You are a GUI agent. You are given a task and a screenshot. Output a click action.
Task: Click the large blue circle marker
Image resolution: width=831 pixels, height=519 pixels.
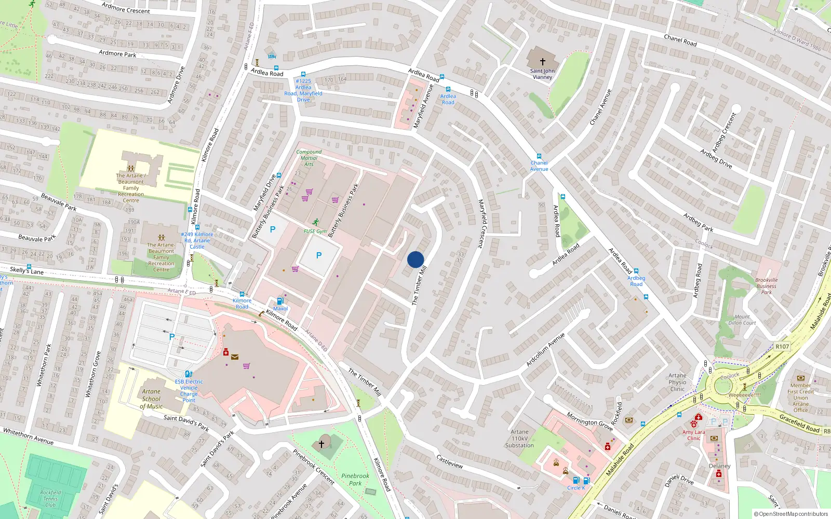[x=415, y=259]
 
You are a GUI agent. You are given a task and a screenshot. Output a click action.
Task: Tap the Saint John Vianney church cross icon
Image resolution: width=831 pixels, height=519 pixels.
[x=543, y=62]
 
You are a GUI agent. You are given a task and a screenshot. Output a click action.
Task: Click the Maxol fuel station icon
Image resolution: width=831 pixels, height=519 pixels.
[x=280, y=301]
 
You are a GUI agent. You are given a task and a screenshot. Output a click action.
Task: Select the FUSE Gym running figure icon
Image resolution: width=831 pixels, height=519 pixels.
[x=315, y=222]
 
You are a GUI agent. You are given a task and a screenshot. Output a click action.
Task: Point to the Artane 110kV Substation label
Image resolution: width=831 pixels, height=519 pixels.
[x=519, y=439]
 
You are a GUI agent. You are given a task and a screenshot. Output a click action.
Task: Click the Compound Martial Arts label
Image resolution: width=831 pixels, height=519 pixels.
[x=309, y=158]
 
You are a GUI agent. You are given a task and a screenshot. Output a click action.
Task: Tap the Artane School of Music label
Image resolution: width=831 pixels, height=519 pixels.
[x=151, y=399]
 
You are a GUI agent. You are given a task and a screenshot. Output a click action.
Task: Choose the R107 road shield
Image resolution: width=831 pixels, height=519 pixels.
[x=782, y=346]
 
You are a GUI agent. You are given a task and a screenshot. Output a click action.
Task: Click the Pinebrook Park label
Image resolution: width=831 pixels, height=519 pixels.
[x=355, y=479]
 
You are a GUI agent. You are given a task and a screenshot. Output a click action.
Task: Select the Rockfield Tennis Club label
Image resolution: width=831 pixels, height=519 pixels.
[x=50, y=498]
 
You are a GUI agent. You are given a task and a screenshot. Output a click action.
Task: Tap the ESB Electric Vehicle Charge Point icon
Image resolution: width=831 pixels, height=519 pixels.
[x=189, y=374]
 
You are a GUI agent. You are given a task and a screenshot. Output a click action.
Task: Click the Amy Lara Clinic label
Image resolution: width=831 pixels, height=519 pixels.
[x=694, y=435]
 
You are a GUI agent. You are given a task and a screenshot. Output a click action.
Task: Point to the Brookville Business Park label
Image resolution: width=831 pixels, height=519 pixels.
[x=766, y=286]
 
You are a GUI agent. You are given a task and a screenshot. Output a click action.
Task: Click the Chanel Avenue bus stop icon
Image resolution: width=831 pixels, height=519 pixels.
[x=539, y=156]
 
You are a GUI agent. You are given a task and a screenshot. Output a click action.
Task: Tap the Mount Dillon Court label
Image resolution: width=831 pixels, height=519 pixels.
[x=742, y=320]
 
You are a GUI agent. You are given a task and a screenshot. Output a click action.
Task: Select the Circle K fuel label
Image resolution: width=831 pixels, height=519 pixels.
[x=576, y=488]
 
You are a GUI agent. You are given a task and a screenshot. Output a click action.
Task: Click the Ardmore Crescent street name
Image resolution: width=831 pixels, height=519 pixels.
[x=126, y=8]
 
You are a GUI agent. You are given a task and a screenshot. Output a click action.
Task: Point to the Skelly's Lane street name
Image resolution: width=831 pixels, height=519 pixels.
[x=27, y=270]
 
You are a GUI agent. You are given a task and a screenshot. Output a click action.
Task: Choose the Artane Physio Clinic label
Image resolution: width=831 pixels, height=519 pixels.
[x=677, y=382]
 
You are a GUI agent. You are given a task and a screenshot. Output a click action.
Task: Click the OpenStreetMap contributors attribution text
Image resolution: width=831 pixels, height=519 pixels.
[x=790, y=514]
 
